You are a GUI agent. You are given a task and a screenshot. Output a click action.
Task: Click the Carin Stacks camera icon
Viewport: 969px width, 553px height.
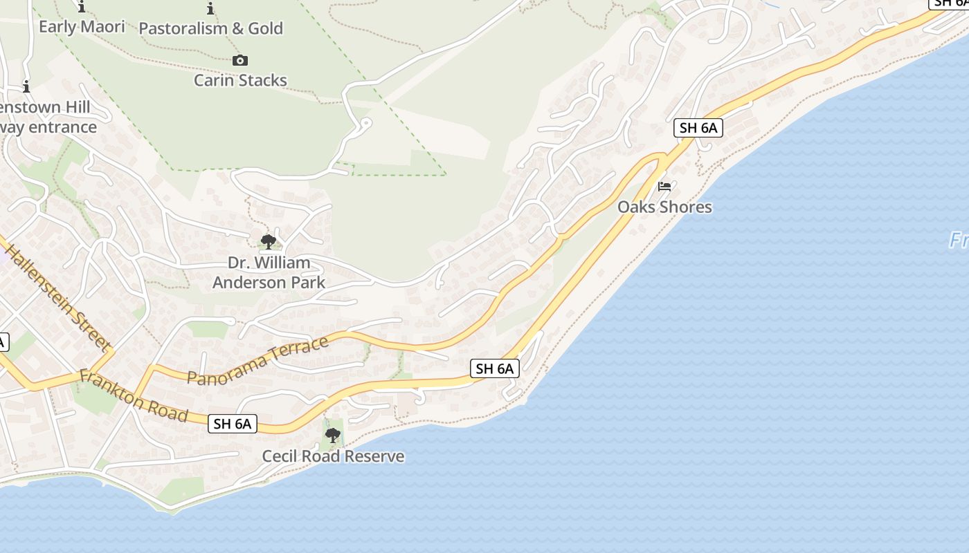coord(240,61)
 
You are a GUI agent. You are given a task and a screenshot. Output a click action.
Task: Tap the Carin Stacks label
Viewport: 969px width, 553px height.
coord(240,80)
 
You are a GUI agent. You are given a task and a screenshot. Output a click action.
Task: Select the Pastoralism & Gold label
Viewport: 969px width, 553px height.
coord(211,28)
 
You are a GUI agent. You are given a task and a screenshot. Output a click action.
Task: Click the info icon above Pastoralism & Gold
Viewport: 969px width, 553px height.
coord(210,9)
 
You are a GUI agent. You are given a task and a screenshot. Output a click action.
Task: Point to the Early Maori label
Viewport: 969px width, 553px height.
coord(82,27)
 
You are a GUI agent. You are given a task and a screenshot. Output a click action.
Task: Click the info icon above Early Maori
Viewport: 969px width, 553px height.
coord(82,8)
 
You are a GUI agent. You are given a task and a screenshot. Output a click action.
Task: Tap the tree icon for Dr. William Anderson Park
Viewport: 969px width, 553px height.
coord(268,242)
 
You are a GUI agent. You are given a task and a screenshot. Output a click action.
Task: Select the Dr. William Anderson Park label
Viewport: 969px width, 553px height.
coord(269,272)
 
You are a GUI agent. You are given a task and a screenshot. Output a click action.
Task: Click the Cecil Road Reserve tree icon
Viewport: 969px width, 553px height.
coord(333,435)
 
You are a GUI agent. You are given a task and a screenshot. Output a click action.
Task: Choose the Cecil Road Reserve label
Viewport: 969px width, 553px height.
coord(333,456)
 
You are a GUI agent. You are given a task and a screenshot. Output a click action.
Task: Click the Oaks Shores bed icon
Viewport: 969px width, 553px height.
coord(664,187)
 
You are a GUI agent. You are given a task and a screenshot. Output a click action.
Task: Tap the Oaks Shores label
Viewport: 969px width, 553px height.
coord(664,207)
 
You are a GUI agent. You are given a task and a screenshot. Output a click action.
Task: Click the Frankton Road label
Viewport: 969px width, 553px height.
coord(133,395)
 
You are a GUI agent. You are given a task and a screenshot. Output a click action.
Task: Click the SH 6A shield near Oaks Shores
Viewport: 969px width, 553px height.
coord(698,128)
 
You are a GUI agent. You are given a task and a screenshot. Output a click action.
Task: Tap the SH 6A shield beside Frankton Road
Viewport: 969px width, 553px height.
coord(233,424)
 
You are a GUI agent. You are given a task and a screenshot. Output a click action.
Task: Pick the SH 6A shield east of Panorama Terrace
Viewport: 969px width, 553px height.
coord(495,368)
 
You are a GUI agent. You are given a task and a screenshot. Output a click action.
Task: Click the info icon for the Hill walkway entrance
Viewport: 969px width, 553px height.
coord(26,87)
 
